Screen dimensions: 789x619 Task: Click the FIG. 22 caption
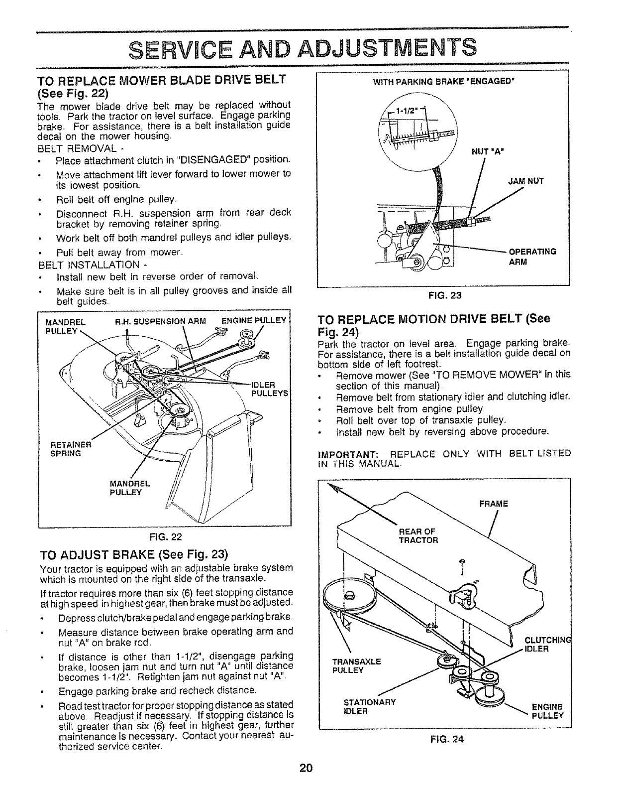[164, 537]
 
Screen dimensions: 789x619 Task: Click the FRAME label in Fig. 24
[494, 504]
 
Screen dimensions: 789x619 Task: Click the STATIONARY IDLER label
[370, 706]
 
